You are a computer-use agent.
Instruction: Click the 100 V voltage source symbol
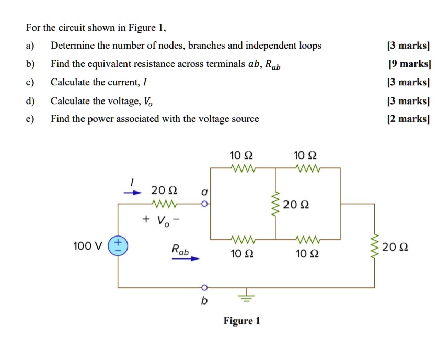coord(118,245)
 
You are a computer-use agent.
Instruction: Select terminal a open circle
coord(205,204)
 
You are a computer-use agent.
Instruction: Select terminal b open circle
coord(204,287)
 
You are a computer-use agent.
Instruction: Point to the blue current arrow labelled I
coord(133,192)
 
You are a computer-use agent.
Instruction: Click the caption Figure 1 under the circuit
coord(241,321)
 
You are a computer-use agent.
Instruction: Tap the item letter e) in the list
coord(30,119)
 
